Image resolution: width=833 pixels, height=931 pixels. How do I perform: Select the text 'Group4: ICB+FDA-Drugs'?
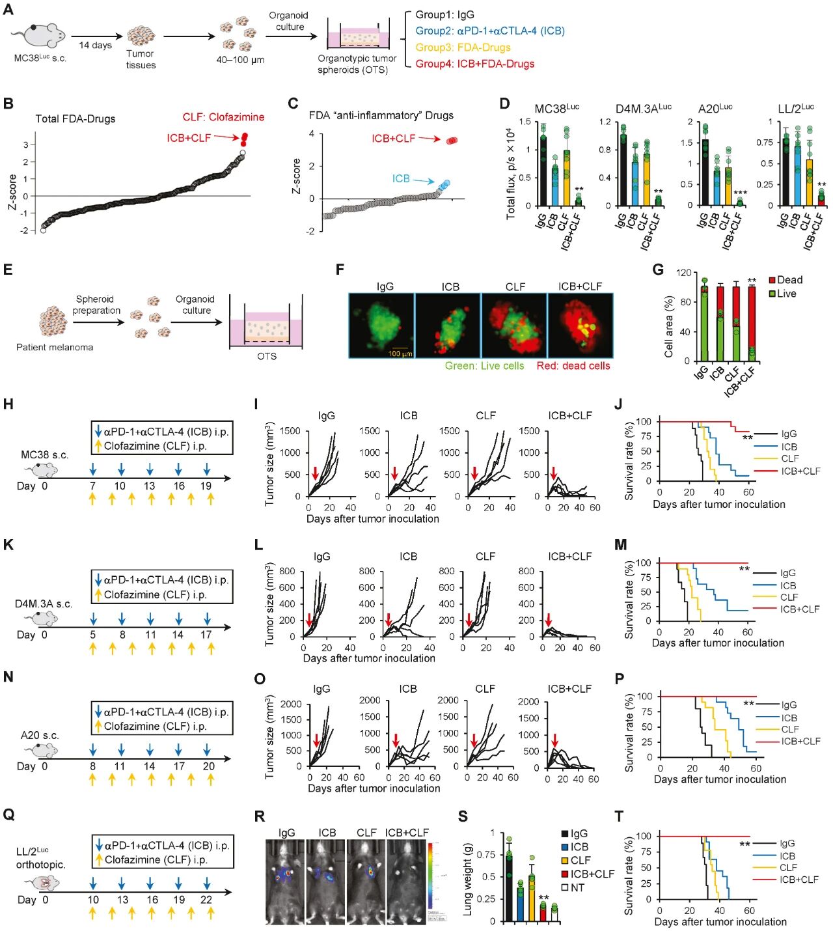[474, 64]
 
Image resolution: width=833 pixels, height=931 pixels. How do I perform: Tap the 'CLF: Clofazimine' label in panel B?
[223, 117]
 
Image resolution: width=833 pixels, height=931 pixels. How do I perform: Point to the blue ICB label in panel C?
[400, 178]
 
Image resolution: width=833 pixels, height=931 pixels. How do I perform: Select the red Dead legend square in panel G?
[772, 280]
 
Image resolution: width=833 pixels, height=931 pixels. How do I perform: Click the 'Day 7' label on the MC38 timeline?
[92, 486]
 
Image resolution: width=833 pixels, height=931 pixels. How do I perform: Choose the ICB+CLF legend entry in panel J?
[800, 471]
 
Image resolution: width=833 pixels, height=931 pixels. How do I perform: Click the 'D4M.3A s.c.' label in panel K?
[44, 604]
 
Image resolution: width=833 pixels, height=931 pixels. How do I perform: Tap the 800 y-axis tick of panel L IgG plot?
[287, 572]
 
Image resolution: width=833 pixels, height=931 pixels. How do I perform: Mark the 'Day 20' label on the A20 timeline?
[208, 766]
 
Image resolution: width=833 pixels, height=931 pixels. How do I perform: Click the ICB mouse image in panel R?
[326, 882]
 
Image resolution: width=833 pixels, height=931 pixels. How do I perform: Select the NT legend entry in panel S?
[577, 887]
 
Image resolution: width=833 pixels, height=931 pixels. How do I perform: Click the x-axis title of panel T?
[720, 922]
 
